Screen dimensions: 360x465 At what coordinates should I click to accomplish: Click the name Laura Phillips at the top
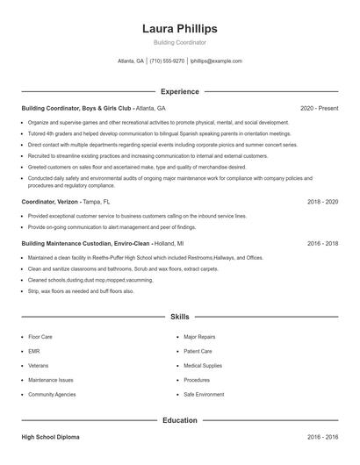click(x=179, y=29)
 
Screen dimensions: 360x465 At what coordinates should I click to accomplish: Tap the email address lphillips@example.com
click(x=215, y=61)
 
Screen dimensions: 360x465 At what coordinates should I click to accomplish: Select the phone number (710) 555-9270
click(x=167, y=61)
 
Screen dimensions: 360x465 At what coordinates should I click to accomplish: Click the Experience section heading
click(x=179, y=91)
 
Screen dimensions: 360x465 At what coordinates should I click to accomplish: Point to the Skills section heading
click(x=179, y=316)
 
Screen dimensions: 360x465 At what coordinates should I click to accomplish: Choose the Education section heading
click(x=179, y=420)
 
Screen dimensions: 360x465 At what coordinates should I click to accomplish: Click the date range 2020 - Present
click(x=319, y=108)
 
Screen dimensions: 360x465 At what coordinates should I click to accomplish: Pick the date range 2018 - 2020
click(x=322, y=201)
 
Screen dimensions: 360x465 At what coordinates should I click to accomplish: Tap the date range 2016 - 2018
click(x=322, y=243)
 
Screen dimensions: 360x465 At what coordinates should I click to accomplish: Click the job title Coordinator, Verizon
click(x=49, y=201)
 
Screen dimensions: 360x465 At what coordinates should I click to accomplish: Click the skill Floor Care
click(x=40, y=336)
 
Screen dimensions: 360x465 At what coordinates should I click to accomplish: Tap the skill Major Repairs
click(x=199, y=336)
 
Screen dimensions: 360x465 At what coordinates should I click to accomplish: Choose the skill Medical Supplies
click(x=202, y=365)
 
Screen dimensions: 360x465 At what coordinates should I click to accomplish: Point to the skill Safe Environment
click(x=204, y=395)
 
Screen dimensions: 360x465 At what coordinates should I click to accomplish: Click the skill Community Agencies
click(x=52, y=395)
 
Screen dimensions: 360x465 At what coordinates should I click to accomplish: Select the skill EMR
click(x=34, y=351)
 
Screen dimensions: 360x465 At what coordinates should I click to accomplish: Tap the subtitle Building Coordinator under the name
click(x=179, y=42)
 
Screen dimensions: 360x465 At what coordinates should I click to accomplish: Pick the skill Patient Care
click(x=198, y=351)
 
